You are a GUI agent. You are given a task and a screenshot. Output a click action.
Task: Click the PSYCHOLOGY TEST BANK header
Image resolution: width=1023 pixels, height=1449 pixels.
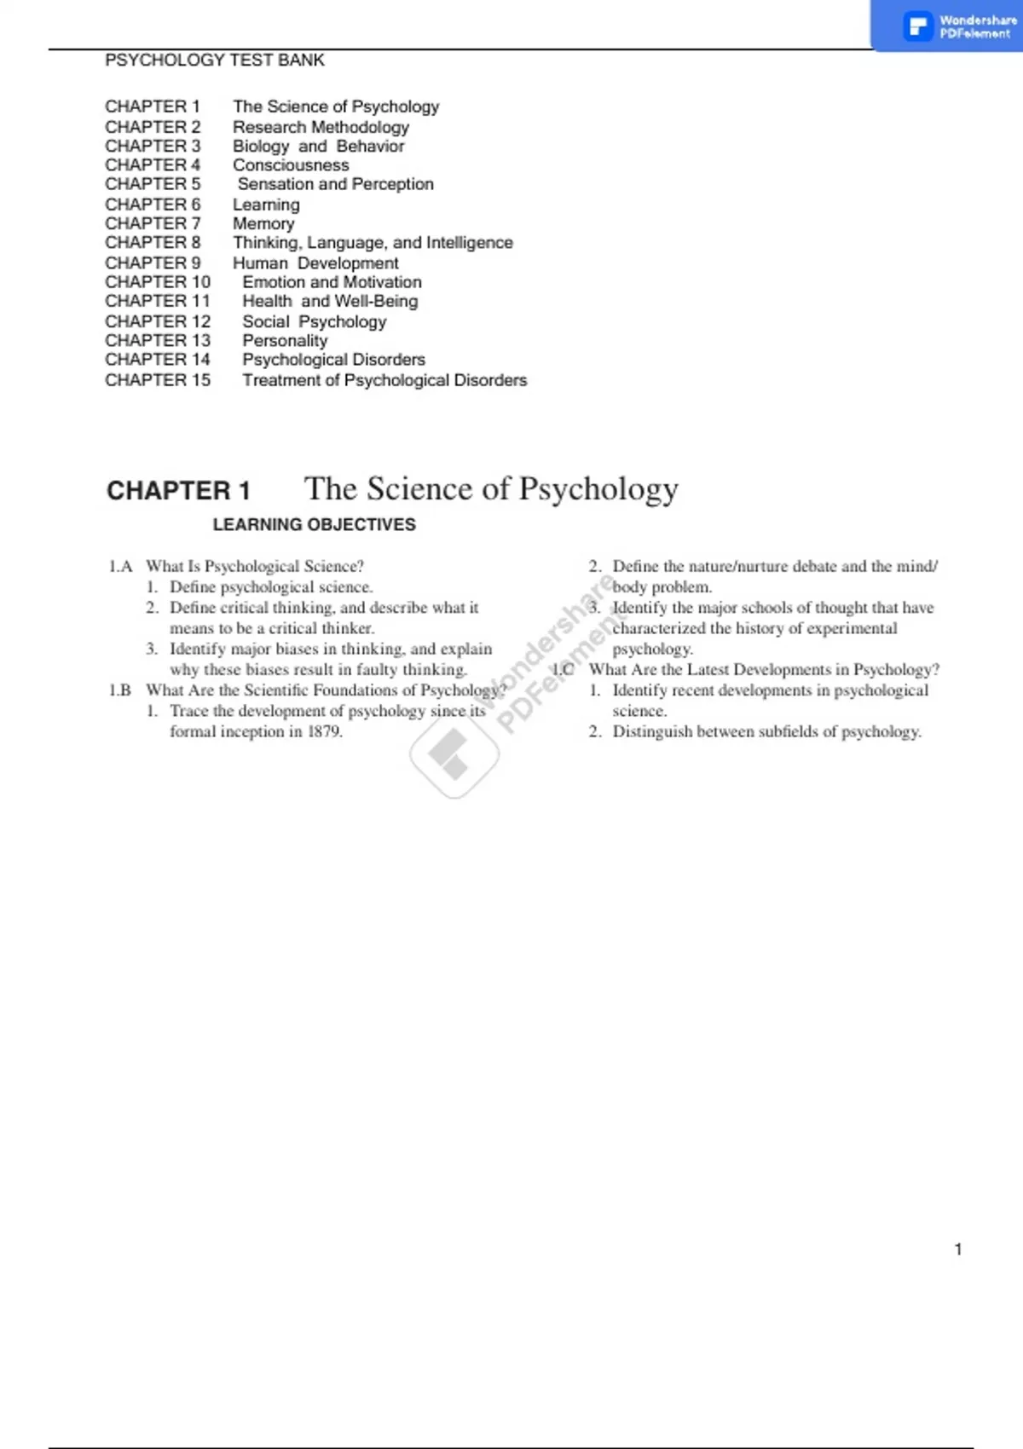point(214,61)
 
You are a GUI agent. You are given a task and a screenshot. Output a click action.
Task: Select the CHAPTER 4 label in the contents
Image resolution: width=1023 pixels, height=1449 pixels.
point(153,165)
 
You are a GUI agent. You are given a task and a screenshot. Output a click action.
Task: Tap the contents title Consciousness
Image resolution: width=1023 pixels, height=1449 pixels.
point(291,165)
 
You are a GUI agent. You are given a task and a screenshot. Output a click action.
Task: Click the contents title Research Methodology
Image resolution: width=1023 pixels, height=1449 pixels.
point(321,127)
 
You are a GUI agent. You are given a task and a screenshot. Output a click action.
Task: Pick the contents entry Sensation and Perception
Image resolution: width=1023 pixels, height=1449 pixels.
point(335,184)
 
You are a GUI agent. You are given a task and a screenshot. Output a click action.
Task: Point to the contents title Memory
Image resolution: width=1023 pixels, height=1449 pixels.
point(263,223)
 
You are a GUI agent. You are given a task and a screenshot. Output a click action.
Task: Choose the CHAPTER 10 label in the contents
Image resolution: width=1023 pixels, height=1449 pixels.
point(158,282)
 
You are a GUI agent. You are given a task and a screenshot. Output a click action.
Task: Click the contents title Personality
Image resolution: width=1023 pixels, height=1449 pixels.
point(285,341)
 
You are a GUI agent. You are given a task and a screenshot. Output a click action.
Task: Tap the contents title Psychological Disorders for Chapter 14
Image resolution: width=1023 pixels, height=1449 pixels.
point(333,360)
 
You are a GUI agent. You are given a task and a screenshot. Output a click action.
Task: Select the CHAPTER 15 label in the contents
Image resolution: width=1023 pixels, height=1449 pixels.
point(158,380)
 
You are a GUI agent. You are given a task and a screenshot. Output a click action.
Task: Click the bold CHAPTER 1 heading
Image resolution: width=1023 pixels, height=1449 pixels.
point(178,491)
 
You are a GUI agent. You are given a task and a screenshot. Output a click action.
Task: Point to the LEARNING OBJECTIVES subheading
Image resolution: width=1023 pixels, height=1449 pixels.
point(314,525)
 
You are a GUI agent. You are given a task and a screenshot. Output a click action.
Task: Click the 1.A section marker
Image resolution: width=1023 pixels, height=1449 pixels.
point(120,567)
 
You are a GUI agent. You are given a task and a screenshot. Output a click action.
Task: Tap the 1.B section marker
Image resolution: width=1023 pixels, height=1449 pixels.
point(120,690)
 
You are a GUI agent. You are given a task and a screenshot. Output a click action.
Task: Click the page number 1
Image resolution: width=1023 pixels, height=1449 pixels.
point(958,1250)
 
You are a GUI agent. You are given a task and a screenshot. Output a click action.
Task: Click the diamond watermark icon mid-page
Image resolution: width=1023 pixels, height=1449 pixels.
point(454,755)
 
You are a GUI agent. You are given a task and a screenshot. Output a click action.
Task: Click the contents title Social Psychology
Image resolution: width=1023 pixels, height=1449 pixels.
point(314,322)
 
